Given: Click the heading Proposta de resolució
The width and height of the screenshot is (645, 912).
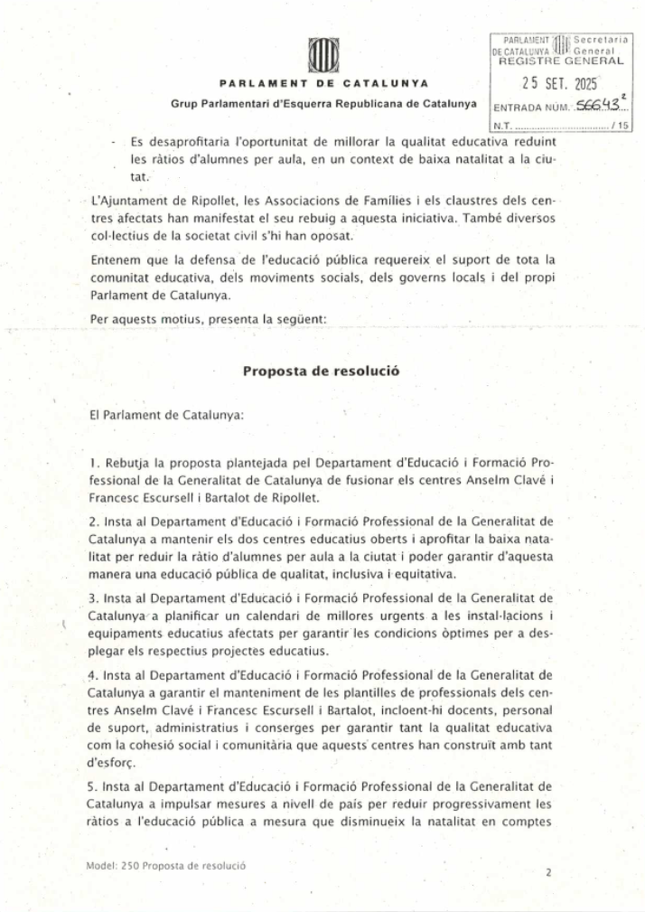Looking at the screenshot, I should click(322, 371).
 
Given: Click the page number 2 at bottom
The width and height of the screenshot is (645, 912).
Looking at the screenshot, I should click(548, 873).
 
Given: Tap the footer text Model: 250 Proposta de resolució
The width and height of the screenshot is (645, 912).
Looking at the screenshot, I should click(166, 865).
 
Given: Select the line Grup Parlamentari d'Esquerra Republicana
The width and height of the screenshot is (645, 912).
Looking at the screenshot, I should click(323, 103).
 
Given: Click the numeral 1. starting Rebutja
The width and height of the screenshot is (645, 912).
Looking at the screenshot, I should click(93, 463).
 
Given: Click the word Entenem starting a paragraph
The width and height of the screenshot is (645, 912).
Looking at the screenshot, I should click(114, 260).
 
